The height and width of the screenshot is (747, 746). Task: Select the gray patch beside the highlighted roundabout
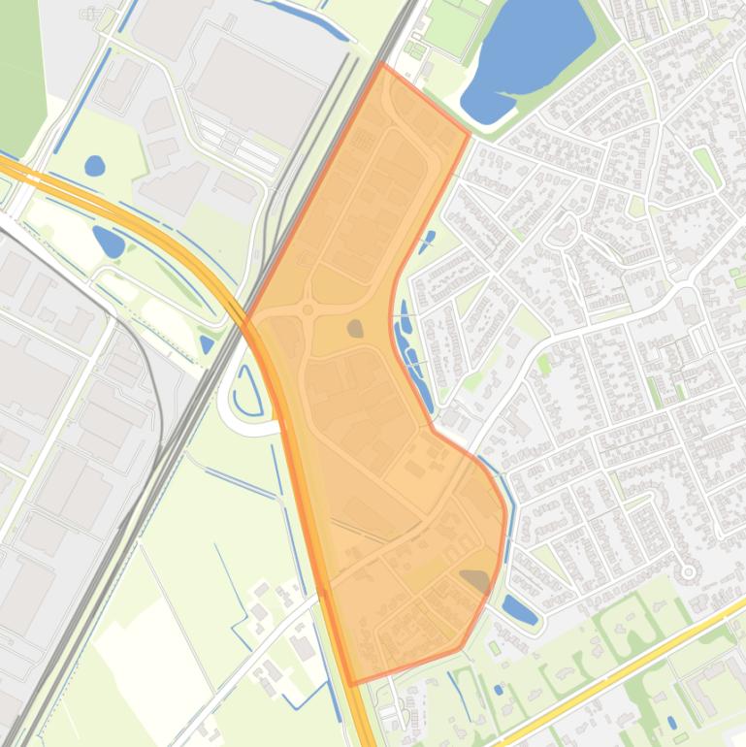[x=355, y=329]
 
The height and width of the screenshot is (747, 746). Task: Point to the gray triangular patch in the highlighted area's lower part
[x=475, y=580]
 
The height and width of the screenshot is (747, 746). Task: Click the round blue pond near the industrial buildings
[x=94, y=166]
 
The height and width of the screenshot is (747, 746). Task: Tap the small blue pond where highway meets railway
[x=207, y=343]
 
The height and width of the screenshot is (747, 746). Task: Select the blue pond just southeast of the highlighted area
[x=519, y=610]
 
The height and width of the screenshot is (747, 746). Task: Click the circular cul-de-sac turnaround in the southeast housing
[x=689, y=572]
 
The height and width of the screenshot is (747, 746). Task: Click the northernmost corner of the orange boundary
[x=382, y=65]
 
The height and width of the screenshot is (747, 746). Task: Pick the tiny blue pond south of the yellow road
[x=672, y=723]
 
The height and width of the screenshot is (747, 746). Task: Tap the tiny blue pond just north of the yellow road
[x=498, y=690]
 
